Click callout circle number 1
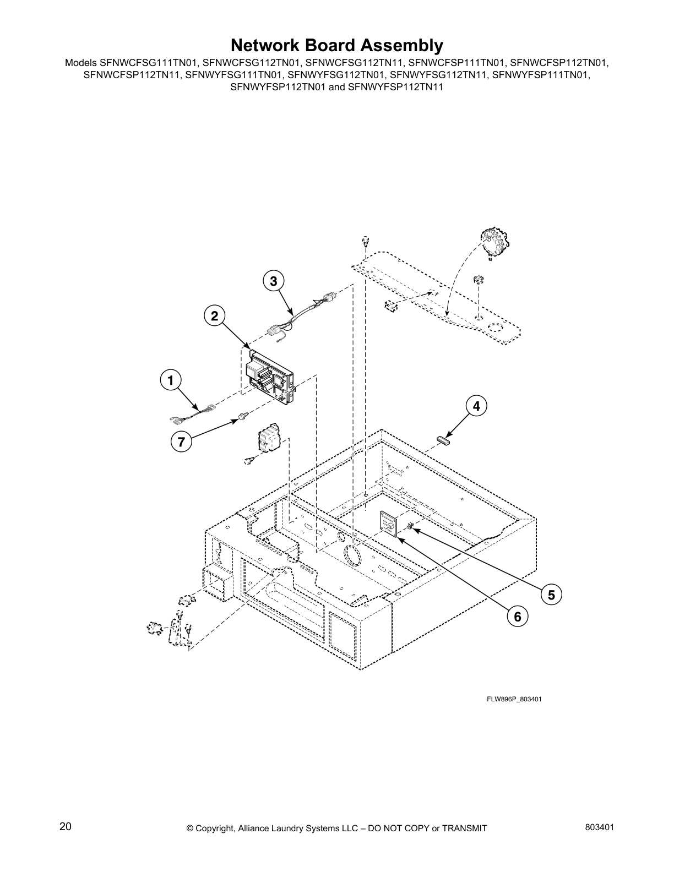pos(171,380)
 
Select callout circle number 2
pos(214,316)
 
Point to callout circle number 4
pos(476,406)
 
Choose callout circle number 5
pos(551,594)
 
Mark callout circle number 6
pos(517,617)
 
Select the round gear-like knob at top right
pos(494,242)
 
